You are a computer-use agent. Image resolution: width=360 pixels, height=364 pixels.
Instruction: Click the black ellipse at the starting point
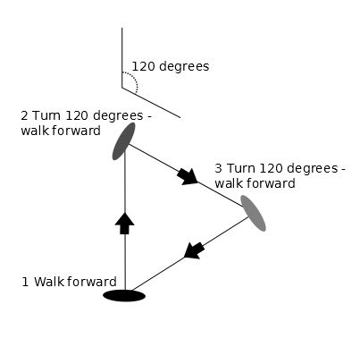point(124,295)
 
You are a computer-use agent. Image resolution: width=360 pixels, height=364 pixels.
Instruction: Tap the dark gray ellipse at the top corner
point(123,141)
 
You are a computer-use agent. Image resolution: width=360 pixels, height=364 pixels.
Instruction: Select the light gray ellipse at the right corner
point(253,213)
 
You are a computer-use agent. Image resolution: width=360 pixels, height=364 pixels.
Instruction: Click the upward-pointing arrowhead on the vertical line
point(124,224)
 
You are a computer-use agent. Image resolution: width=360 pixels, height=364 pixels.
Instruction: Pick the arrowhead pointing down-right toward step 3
point(188,177)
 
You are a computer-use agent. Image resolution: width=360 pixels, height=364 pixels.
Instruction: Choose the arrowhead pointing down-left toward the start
point(194,250)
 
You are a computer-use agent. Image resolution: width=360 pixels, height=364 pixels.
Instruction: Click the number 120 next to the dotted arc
point(143,66)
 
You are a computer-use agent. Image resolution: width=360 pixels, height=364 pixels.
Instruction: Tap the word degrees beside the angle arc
point(184,66)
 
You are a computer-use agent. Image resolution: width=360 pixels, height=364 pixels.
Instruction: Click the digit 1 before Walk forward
point(25,282)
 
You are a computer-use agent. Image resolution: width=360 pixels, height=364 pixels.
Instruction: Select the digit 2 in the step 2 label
point(24,115)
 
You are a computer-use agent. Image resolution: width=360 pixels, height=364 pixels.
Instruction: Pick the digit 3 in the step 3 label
point(218,168)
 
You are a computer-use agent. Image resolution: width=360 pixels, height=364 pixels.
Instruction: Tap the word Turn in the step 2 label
point(46,115)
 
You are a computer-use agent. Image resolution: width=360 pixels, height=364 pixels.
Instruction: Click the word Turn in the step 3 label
point(241,168)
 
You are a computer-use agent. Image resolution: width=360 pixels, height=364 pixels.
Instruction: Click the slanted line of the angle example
point(151,103)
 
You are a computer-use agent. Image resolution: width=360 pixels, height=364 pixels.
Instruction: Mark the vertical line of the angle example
point(121,58)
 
